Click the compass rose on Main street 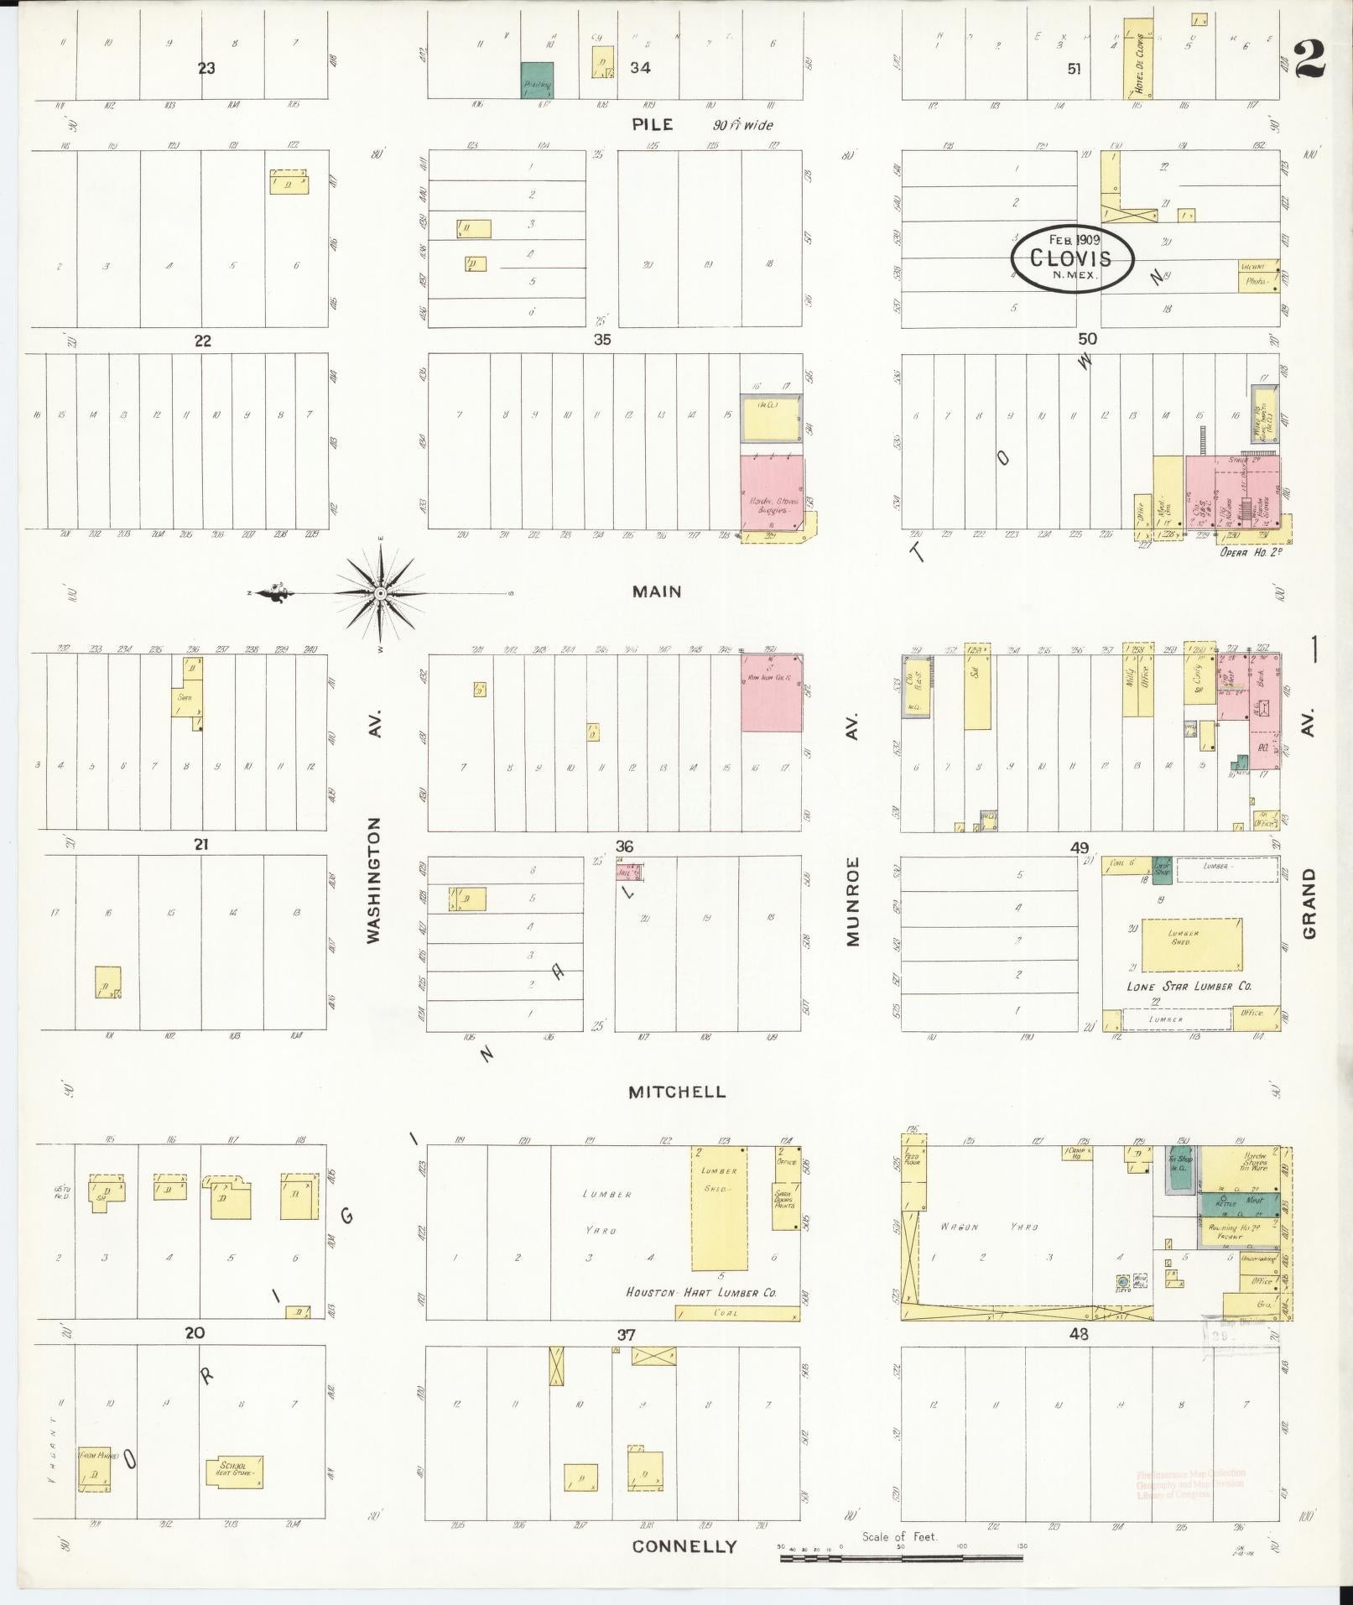[x=381, y=594]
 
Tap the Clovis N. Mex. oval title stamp [x=1071, y=258]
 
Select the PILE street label [x=653, y=125]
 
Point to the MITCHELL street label [x=678, y=1092]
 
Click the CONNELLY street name [x=684, y=1547]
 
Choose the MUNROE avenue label [x=853, y=902]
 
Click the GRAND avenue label [x=1309, y=903]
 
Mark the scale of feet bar [x=901, y=1558]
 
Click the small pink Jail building [x=630, y=872]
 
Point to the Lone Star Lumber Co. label [x=1189, y=987]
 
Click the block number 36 [x=623, y=846]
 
